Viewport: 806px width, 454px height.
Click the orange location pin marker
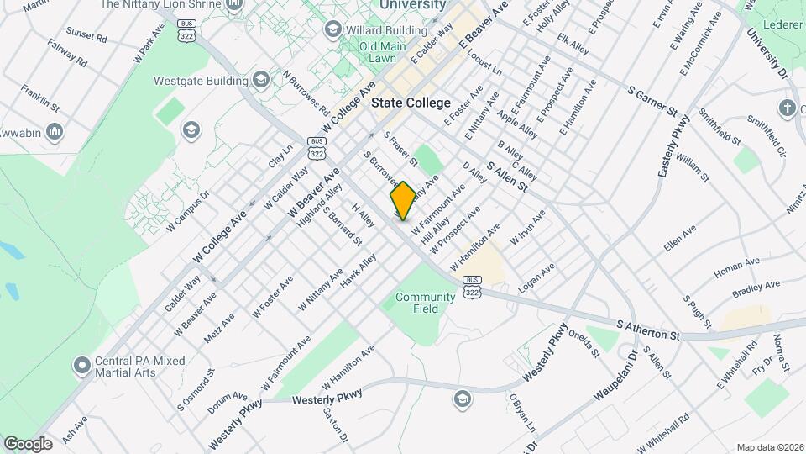404,200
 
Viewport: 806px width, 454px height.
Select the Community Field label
426,303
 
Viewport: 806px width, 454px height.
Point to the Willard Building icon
332,30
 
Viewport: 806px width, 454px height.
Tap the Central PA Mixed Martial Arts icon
81,366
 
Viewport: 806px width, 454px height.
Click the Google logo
28,443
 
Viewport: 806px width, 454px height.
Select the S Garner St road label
652,99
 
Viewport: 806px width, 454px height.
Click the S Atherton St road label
647,330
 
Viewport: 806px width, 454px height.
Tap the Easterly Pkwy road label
673,145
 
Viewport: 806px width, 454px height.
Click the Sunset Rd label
86,38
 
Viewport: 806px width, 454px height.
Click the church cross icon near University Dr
787,108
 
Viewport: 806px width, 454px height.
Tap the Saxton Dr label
335,425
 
